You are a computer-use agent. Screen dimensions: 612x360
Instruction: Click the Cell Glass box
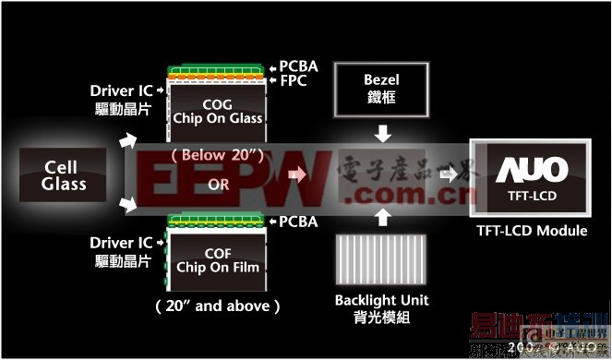[x=65, y=175]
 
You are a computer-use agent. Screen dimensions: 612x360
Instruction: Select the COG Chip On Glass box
[x=218, y=109]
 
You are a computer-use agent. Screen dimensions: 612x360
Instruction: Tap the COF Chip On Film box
[x=218, y=261]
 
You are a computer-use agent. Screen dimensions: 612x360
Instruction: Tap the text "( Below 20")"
[x=217, y=154]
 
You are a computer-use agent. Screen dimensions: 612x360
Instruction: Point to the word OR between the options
[x=219, y=183]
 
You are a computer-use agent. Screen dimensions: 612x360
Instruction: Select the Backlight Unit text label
[x=382, y=301]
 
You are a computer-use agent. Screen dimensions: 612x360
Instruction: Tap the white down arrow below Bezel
[x=383, y=136]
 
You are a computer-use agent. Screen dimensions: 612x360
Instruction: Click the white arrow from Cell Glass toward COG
[x=127, y=141]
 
